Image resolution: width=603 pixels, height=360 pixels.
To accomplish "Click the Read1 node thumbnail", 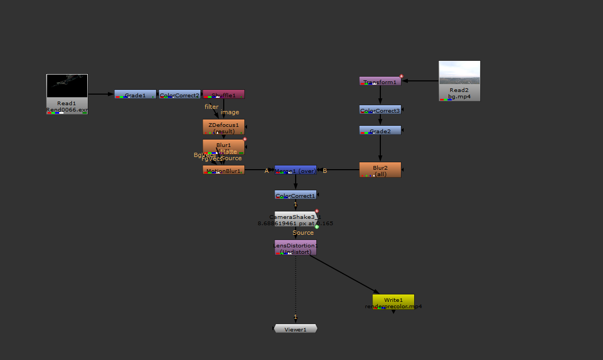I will point(67,86).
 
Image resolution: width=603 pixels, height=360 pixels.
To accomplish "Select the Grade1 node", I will point(135,94).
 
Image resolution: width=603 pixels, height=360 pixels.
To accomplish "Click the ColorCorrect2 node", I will point(180,94).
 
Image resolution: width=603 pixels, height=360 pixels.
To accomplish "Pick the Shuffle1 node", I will point(224,94).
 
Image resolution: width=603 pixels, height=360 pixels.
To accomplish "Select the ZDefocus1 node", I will point(224,127).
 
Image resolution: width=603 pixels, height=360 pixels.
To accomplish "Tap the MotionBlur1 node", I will point(224,170).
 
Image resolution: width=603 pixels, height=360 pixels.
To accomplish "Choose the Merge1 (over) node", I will point(295,170).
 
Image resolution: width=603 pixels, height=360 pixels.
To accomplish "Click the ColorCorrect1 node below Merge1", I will point(295,195).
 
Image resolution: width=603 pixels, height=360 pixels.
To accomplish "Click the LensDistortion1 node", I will point(295,247).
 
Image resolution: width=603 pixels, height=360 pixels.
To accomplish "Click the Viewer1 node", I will point(295,329).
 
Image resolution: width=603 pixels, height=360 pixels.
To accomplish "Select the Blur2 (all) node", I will point(380,170).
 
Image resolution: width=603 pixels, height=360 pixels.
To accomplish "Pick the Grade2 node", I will point(380,130).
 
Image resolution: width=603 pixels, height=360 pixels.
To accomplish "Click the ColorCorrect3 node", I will point(380,110).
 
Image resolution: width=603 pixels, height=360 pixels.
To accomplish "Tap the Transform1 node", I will point(380,81).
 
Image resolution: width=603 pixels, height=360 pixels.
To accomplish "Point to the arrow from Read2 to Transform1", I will point(421,81).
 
